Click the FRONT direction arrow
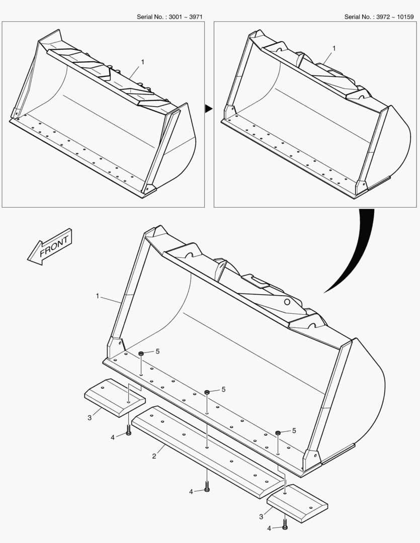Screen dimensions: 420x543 50,246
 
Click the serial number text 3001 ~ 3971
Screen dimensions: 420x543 186,17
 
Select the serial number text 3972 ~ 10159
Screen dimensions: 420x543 395,17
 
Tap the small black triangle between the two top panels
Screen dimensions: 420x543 209,109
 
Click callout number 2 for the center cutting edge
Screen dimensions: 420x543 154,456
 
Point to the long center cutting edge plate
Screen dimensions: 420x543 208,452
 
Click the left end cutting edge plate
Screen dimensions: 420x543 115,398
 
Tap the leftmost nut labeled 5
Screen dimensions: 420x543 141,353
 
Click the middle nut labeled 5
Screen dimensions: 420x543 207,392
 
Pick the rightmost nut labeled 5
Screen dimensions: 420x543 278,433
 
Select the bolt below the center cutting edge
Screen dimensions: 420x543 207,486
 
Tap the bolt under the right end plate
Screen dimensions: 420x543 285,523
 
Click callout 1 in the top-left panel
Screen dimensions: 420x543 142,62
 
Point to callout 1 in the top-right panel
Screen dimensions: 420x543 334,48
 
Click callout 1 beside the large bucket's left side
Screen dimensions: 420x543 98,296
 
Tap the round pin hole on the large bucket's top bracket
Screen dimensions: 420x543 287,302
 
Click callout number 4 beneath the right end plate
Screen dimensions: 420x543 269,528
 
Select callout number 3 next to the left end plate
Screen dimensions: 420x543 90,418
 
